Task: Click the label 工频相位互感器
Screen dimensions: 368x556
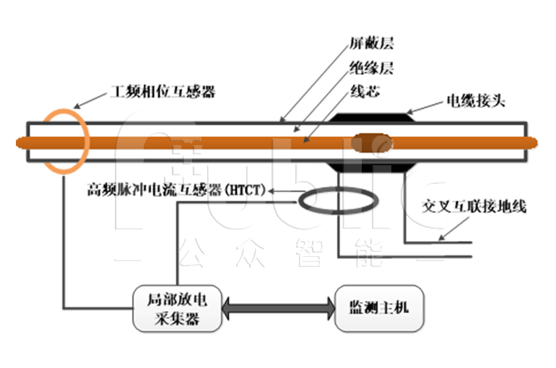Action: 162,92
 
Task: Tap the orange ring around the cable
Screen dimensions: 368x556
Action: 66,141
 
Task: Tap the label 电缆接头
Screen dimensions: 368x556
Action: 476,100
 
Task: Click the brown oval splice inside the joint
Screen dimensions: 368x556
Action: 373,143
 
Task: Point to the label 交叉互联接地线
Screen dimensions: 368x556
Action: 474,207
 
